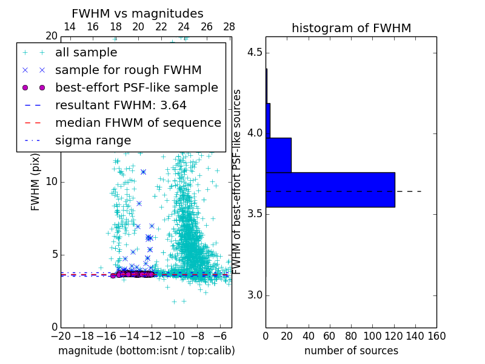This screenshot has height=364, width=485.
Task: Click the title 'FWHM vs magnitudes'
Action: tap(138, 14)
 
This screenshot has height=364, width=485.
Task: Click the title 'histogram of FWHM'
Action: tap(351, 28)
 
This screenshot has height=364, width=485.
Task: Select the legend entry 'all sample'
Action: tap(86, 53)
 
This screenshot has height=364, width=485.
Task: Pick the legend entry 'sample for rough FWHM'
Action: tap(128, 70)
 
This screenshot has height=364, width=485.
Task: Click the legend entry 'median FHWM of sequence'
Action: tap(138, 123)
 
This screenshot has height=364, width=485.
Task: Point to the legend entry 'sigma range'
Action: tap(93, 141)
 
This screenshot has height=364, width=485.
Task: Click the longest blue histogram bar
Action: tap(330, 189)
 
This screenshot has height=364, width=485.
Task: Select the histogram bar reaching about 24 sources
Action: tap(278, 155)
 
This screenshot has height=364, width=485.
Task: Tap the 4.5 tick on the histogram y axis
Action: tap(254, 52)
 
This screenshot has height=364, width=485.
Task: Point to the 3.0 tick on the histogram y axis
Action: tap(254, 295)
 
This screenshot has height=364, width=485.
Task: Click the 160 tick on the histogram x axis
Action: tap(436, 335)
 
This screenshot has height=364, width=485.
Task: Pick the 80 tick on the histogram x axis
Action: tap(351, 335)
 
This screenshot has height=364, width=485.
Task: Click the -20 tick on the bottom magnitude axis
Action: tap(61, 335)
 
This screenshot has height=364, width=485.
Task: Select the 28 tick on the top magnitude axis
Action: tap(229, 27)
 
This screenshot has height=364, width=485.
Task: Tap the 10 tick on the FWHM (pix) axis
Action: tap(51, 182)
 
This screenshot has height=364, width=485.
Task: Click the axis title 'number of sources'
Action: tap(351, 351)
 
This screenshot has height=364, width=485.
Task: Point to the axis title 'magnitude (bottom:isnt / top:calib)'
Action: tap(146, 351)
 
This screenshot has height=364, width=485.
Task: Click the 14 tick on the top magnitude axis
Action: tap(70, 27)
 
